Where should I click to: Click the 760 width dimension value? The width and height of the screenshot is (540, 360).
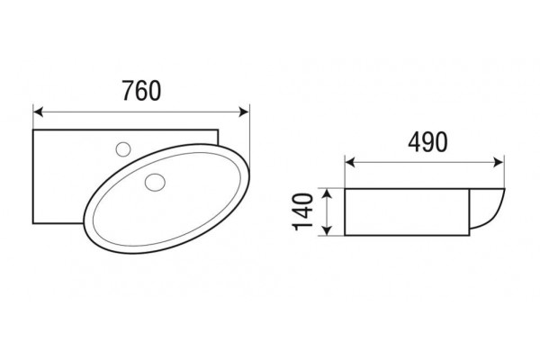pyautogui.click(x=141, y=91)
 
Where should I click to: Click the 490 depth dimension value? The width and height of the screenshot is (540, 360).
pyautogui.click(x=427, y=142)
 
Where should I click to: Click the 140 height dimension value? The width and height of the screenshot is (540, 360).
pyautogui.click(x=302, y=211)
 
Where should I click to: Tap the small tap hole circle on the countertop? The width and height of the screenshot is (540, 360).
pyautogui.click(x=123, y=149)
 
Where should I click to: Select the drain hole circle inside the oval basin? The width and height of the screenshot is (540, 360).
pyautogui.click(x=155, y=182)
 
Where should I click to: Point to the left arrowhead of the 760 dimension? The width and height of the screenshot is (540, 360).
pyautogui.click(x=38, y=112)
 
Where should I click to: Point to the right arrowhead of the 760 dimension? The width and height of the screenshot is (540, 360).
pyautogui.click(x=244, y=112)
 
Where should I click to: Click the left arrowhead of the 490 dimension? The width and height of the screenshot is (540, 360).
pyautogui.click(x=350, y=162)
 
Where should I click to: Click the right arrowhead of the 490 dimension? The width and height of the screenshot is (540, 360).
pyautogui.click(x=499, y=162)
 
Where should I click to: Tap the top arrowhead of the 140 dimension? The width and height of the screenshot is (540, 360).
pyautogui.click(x=328, y=194)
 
